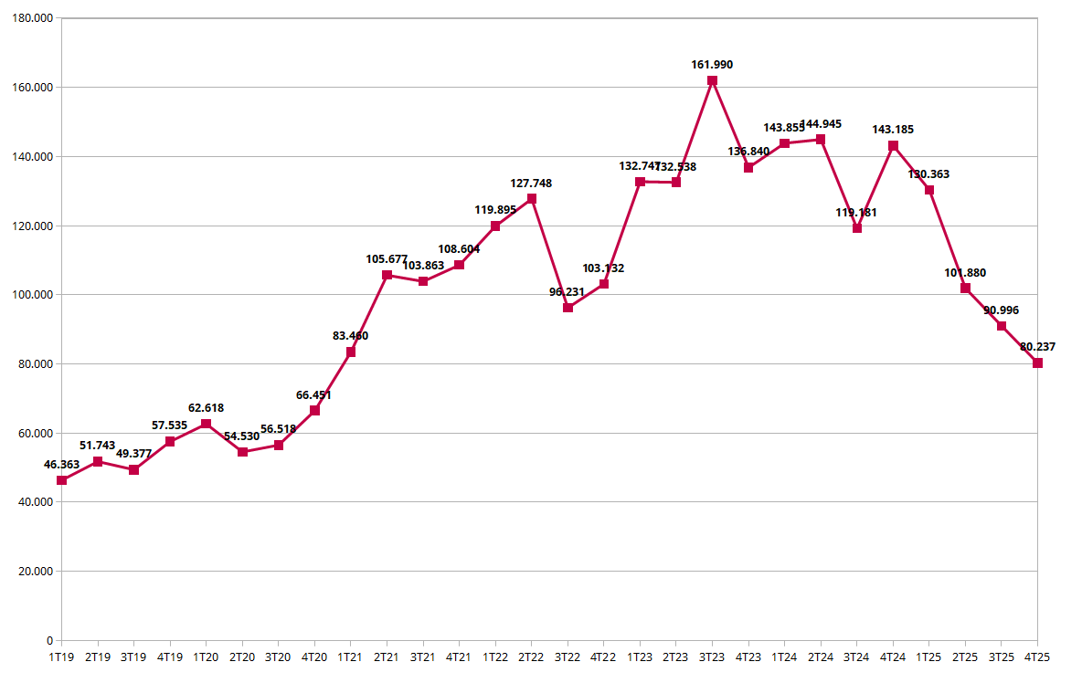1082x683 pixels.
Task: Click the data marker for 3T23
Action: click(712, 80)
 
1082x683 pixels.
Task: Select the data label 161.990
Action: click(712, 65)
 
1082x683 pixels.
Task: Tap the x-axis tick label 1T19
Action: click(61, 657)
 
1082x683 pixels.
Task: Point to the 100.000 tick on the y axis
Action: click(33, 295)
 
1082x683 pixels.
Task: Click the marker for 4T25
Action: click(1037, 363)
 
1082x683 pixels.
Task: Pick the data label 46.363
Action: click(61, 465)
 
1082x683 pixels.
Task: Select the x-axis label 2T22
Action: click(531, 657)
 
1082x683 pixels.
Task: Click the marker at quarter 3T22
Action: click(568, 308)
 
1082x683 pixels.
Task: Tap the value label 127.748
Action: click(531, 184)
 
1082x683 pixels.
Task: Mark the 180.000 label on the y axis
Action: click(33, 18)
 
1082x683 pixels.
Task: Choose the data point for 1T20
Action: click(206, 424)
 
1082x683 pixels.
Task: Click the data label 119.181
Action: click(856, 213)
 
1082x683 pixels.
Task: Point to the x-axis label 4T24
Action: click(893, 657)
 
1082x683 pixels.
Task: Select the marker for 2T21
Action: click(387, 275)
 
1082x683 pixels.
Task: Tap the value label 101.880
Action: click(965, 273)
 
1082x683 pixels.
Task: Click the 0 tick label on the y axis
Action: click(49, 640)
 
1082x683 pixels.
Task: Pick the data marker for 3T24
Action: click(856, 228)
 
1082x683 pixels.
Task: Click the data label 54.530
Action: click(242, 436)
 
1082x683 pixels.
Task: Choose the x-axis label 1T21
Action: click(350, 657)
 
